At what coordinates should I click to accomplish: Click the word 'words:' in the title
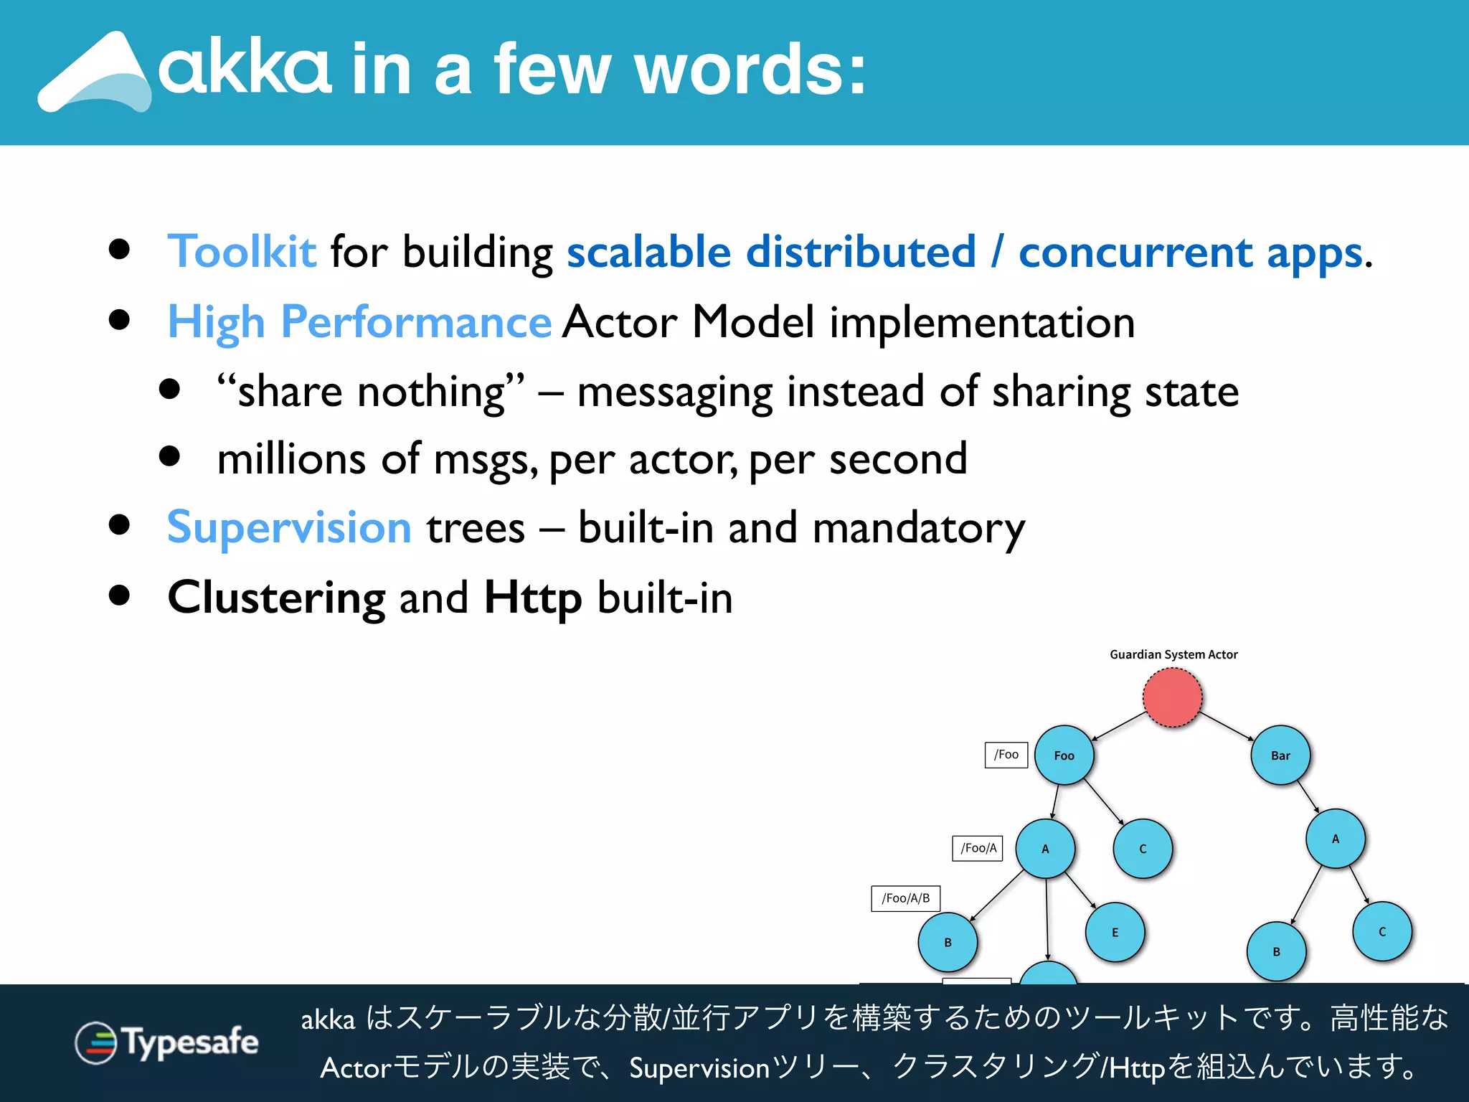[750, 70]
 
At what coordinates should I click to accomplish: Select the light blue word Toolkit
[242, 252]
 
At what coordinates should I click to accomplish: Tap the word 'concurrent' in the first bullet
[1136, 253]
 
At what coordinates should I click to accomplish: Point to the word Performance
[416, 321]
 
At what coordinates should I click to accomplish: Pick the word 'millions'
[291, 459]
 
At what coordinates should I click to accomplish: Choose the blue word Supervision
[289, 527]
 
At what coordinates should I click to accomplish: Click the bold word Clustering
[277, 597]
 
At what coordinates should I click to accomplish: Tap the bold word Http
[533, 597]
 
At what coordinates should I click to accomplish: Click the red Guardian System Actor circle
[1172, 697]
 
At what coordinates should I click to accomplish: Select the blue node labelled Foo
[1064, 755]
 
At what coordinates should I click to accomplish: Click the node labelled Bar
[1280, 755]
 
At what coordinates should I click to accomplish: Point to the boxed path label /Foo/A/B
[905, 898]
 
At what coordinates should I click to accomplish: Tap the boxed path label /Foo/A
[978, 848]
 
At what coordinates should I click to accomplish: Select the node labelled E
[1115, 933]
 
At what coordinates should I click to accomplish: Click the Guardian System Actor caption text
[1173, 654]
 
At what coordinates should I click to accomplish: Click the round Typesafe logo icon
[95, 1042]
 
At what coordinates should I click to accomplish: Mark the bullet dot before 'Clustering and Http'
[120, 595]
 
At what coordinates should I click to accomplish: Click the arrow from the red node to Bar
[1227, 726]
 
